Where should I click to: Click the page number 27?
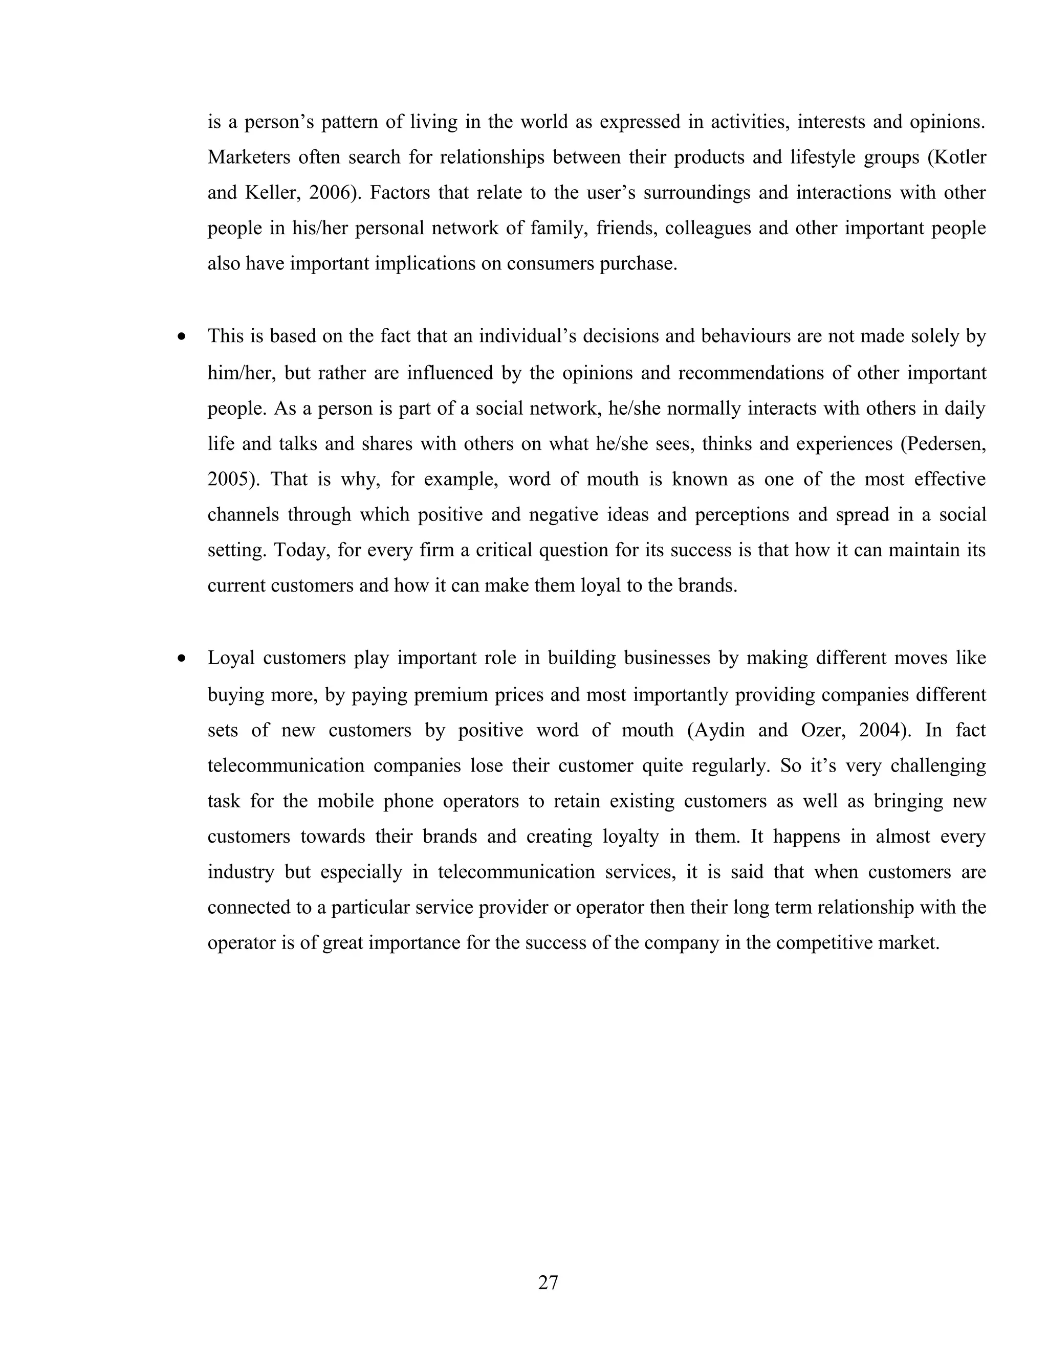point(548,1282)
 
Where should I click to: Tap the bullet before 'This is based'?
point(181,337)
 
